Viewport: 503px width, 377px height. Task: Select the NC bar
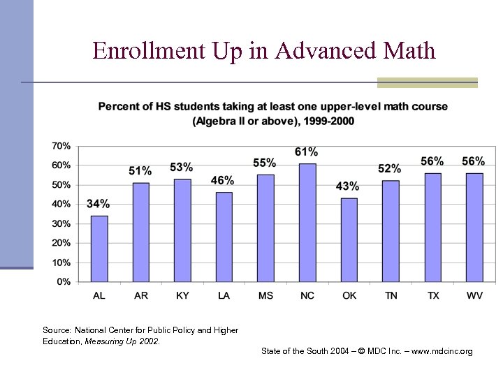click(x=307, y=223)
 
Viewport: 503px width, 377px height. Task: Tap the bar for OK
click(x=349, y=240)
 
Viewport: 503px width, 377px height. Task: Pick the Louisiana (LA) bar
click(x=224, y=237)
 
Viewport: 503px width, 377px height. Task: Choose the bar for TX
click(x=432, y=228)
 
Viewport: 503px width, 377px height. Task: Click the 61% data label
click(x=307, y=152)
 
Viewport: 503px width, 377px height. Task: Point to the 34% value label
click(x=99, y=204)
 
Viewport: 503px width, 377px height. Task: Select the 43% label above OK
click(x=348, y=186)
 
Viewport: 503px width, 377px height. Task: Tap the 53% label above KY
click(x=182, y=168)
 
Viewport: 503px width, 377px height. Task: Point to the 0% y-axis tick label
click(x=63, y=282)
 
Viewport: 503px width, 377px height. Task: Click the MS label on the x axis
click(x=265, y=296)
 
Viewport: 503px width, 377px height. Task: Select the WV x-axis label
click(x=475, y=296)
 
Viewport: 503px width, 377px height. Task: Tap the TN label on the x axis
click(x=391, y=296)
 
